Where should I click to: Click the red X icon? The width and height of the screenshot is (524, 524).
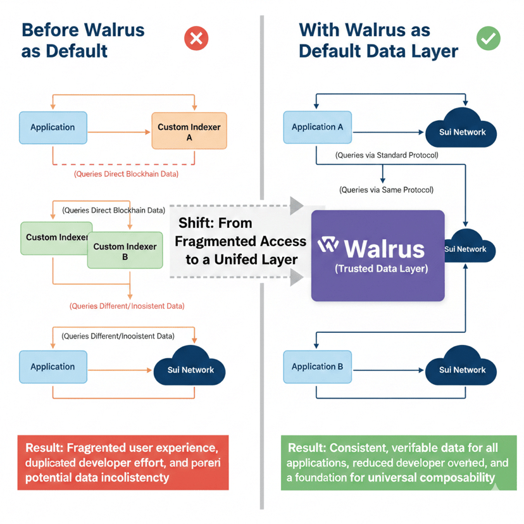[x=196, y=39]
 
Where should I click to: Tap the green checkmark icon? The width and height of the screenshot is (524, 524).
[x=488, y=39]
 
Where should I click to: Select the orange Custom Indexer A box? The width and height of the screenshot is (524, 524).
[x=189, y=131]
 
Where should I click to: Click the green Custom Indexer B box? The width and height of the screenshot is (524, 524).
[x=125, y=251]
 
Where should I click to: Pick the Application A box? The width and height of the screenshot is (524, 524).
[x=317, y=127]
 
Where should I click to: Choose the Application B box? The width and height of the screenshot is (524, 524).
[x=317, y=366]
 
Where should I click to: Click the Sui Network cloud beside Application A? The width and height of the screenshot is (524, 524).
[x=463, y=130]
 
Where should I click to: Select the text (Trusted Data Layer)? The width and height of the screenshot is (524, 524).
[x=381, y=269]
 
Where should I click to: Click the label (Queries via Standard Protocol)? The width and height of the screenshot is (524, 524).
[x=386, y=155]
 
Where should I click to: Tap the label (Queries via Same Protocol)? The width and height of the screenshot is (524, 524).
[x=386, y=189]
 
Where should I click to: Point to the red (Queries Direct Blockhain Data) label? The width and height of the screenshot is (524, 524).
[x=126, y=173]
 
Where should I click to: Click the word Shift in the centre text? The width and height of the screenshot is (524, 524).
[x=196, y=223]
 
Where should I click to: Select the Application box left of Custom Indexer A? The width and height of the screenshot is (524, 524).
[x=53, y=127]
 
